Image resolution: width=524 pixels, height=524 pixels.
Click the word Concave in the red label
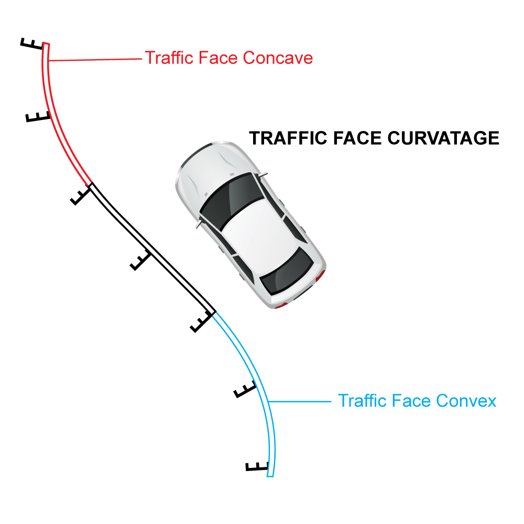click(x=278, y=58)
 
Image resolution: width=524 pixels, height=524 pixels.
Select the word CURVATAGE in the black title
click(x=443, y=138)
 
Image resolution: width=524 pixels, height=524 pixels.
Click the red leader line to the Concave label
click(x=95, y=60)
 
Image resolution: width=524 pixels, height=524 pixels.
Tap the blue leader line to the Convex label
click(x=299, y=401)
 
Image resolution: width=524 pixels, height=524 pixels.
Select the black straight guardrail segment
click(x=152, y=247)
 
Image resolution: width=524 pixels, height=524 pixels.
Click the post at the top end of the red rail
click(x=32, y=44)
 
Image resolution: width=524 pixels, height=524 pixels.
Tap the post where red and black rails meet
click(x=81, y=195)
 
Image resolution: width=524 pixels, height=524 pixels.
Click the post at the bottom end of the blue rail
click(x=257, y=466)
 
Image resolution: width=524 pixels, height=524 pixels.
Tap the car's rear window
click(x=287, y=271)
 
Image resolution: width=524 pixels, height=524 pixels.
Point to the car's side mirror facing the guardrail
click(x=199, y=224)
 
